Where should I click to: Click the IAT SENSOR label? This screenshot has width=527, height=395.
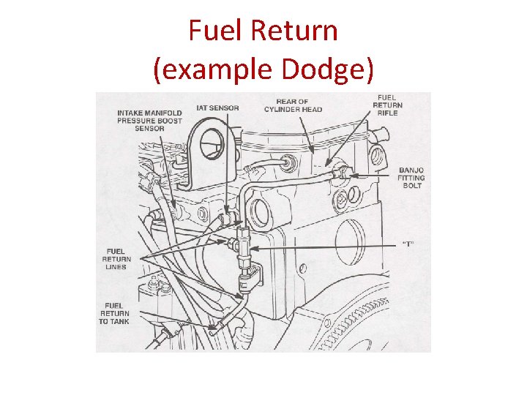(217, 108)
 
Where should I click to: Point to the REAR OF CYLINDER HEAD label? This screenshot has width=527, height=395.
(298, 105)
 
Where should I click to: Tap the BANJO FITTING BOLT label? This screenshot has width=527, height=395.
(411, 178)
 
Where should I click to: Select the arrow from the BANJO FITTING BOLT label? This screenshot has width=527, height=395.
(372, 176)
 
